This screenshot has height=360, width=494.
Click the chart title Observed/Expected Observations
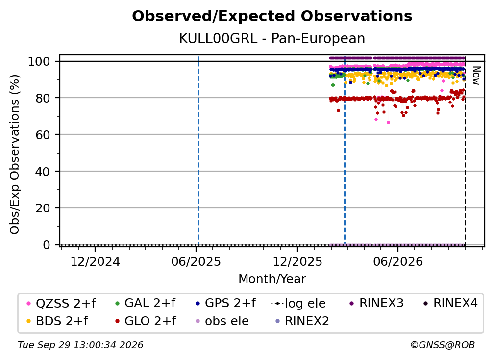(x=272, y=16)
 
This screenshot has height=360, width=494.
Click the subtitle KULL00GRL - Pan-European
(x=272, y=38)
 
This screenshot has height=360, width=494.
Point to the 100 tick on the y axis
(x=39, y=61)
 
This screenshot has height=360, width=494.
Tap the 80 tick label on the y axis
(x=43, y=98)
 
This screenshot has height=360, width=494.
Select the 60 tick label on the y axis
(x=43, y=134)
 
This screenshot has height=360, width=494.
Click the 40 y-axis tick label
(x=43, y=172)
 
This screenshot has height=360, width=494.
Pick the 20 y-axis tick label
(x=43, y=208)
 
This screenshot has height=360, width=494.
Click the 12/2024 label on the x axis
(x=95, y=261)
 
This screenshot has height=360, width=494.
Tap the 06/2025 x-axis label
(x=196, y=261)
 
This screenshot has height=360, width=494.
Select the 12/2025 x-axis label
(x=297, y=261)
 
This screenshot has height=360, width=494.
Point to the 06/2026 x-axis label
(x=398, y=261)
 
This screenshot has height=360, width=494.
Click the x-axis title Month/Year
(x=272, y=279)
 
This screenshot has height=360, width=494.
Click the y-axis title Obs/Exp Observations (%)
(x=15, y=154)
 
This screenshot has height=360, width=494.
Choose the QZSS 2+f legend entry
(x=61, y=303)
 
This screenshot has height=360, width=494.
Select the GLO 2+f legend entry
(x=146, y=321)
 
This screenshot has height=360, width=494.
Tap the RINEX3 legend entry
(x=376, y=303)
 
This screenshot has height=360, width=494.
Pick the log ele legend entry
(x=298, y=304)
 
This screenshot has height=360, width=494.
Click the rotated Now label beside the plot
(x=476, y=76)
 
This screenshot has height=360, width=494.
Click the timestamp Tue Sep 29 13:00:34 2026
(x=80, y=345)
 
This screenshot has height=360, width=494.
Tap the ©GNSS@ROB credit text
(x=443, y=345)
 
